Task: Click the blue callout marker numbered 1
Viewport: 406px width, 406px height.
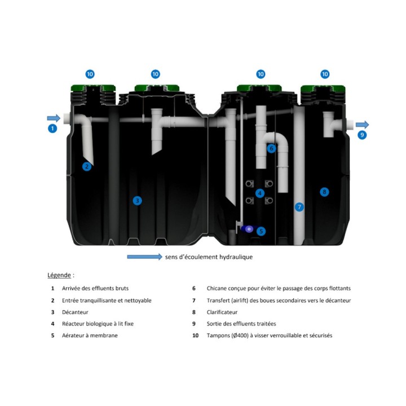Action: pos(52,129)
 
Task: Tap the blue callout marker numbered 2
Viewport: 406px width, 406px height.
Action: pos(87,166)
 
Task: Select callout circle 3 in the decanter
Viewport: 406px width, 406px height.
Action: pos(137,200)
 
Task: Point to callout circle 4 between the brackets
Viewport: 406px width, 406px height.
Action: pos(260,193)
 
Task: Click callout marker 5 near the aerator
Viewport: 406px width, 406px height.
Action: pos(261,231)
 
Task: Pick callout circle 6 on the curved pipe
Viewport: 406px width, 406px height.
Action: pos(271,148)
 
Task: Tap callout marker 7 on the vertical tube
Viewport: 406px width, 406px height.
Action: pos(299,207)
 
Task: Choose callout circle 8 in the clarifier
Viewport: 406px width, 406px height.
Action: pos(324,192)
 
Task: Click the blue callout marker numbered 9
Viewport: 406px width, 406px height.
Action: pos(362,135)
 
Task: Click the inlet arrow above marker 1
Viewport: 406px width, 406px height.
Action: pos(54,118)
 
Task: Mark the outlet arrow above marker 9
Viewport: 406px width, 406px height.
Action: pos(362,125)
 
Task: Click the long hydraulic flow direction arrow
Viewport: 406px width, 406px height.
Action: pos(144,257)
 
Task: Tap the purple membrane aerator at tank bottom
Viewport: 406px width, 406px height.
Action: pos(248,229)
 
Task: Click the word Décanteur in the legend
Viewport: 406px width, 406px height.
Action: pos(75,312)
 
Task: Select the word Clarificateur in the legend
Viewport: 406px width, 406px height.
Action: pos(222,312)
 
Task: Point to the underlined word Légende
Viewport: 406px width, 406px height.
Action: pos(59,275)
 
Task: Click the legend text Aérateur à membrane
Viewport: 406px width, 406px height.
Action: pos(90,336)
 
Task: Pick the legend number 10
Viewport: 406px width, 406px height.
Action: pos(195,336)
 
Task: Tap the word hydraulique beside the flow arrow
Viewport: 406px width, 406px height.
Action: pos(236,257)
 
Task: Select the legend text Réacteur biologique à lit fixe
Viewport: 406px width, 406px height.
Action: pos(98,324)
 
